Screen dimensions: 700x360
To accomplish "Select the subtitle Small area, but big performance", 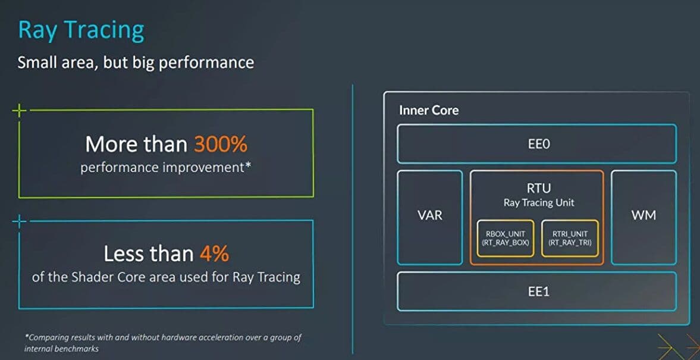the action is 136,62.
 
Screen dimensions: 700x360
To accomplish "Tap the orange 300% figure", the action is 221,144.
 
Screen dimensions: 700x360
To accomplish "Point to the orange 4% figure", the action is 214,253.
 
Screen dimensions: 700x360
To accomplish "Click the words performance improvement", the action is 166,168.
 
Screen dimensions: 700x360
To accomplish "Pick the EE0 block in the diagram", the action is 536,144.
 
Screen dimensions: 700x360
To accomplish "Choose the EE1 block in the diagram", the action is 536,291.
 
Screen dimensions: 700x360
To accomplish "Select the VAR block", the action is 430,217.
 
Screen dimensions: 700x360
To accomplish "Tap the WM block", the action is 644,217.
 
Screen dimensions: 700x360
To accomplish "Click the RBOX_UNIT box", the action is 506,238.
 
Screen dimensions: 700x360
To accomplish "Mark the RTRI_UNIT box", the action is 570,238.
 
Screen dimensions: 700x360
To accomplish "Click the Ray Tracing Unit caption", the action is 539,203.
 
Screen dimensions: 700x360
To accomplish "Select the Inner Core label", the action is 429,110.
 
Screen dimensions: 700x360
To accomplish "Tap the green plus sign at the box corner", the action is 19,110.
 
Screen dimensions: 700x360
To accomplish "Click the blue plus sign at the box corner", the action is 19,221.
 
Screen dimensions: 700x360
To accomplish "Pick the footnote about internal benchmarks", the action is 162,343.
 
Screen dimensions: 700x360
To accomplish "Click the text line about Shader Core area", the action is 166,277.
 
